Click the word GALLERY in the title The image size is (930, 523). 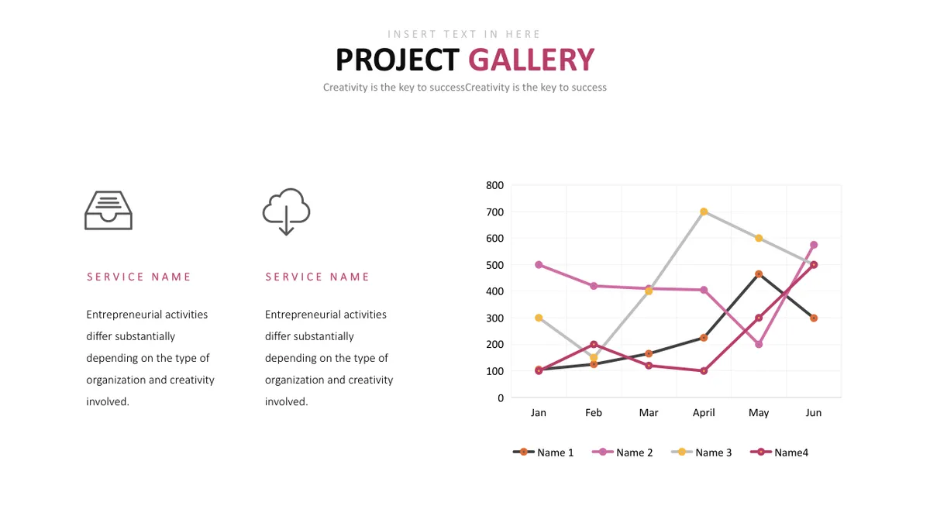532,60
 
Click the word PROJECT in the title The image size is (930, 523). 398,60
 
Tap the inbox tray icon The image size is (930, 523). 108,210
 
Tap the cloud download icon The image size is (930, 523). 286,212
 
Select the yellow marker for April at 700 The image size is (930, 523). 704,212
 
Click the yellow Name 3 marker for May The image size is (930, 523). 759,239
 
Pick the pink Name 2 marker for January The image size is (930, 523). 539,265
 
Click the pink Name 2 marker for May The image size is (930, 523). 759,344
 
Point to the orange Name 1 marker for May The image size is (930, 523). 759,274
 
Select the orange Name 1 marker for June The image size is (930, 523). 814,318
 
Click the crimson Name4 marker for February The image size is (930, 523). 594,344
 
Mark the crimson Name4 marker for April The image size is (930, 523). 704,370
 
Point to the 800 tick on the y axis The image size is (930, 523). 494,185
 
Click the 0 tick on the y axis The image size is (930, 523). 501,398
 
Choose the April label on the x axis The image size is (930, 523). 704,412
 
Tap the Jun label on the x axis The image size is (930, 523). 813,412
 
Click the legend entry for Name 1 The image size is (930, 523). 543,452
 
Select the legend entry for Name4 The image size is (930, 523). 780,452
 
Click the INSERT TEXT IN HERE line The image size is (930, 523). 463,34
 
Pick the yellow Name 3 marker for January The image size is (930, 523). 539,318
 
